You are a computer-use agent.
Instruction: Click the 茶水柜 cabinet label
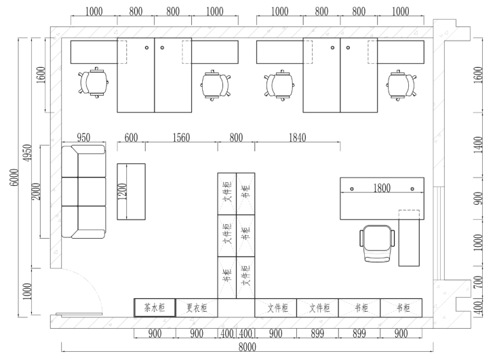point(155,308)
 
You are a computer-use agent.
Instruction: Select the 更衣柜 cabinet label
point(197,308)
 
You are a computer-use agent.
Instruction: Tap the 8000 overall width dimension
point(248,347)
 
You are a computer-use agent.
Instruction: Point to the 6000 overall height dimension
point(14,178)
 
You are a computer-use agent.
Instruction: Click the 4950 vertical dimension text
point(28,153)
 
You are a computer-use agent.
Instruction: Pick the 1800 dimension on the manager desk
point(382,188)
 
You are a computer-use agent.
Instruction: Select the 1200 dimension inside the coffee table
point(122,191)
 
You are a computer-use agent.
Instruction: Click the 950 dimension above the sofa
point(83,138)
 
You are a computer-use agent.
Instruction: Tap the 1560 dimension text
point(181,138)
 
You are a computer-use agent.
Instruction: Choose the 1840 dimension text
point(298,138)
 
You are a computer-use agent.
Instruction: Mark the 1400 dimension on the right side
point(479,145)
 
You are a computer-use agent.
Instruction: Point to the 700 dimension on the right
point(479,282)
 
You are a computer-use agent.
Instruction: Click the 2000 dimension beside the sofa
point(37,191)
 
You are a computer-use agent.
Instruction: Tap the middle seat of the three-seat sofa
point(83,191)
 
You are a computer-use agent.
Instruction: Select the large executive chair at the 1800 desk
point(377,243)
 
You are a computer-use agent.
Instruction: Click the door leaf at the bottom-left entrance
point(79,315)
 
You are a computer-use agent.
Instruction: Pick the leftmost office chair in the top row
point(94,83)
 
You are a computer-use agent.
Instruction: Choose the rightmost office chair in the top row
point(401,85)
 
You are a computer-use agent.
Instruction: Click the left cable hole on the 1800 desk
point(352,189)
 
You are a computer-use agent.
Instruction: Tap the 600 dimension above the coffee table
point(131,138)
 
